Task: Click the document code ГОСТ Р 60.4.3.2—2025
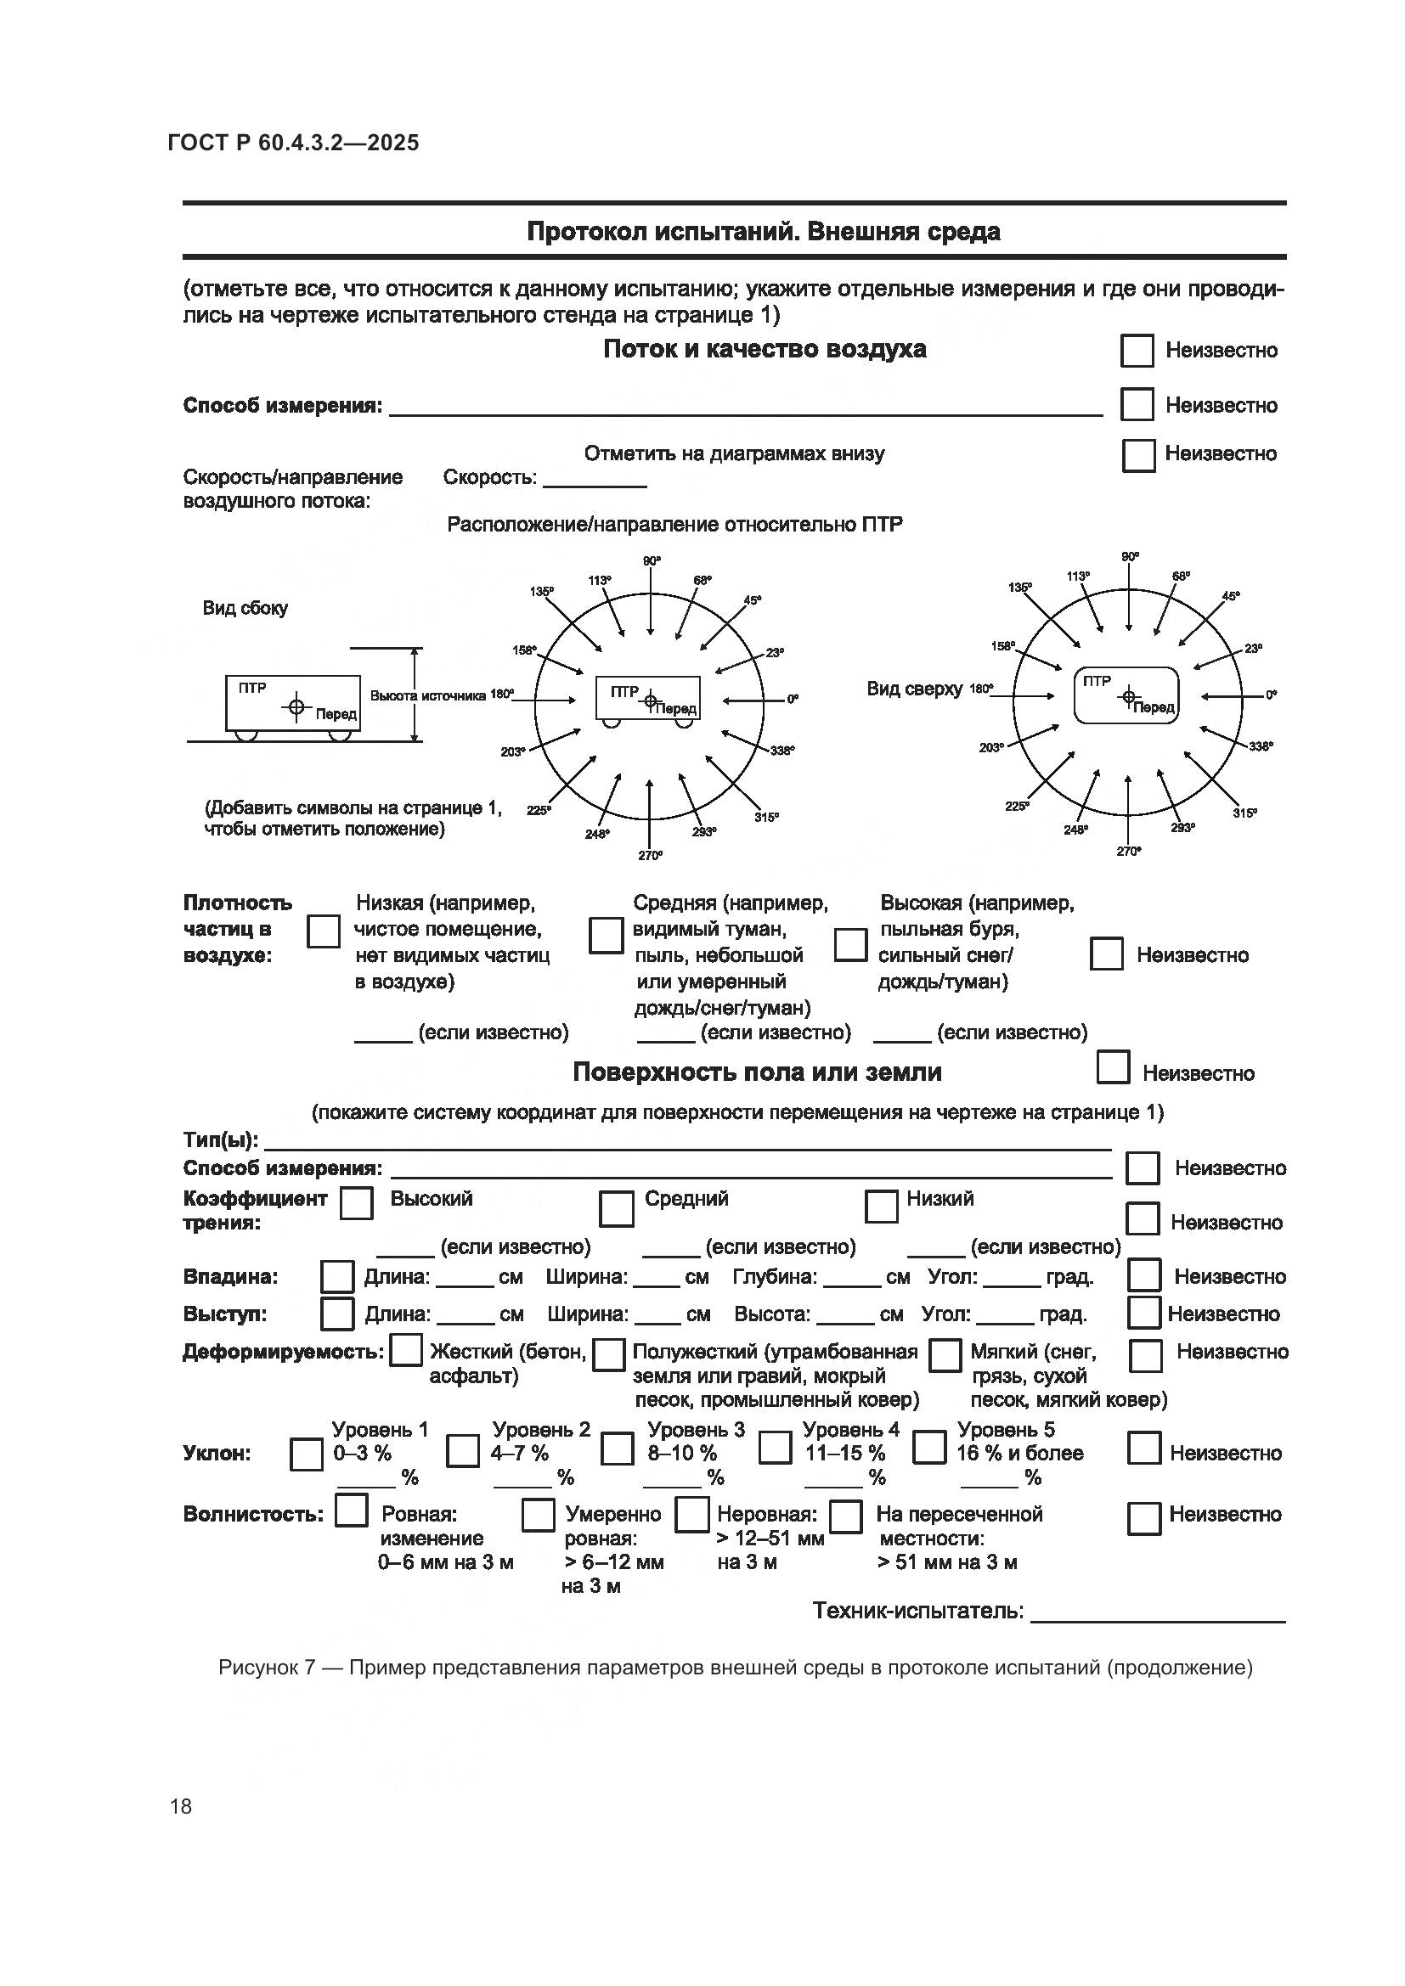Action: [x=293, y=143]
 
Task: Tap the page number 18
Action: [x=181, y=1806]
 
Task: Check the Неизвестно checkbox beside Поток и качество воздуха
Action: [x=1137, y=351]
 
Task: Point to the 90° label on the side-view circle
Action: [x=652, y=561]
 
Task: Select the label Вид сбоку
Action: [x=245, y=608]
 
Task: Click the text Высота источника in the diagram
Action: [x=427, y=695]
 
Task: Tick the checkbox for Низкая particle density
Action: [x=324, y=931]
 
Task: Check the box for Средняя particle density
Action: [x=606, y=936]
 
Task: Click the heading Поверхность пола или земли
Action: [x=757, y=1072]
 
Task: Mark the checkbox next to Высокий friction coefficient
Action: [x=357, y=1203]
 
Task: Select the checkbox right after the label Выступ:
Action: [x=336, y=1314]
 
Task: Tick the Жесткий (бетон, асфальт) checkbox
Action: [x=406, y=1351]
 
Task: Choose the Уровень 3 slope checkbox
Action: [x=617, y=1449]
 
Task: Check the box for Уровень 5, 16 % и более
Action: [x=929, y=1447]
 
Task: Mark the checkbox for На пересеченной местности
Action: [x=845, y=1516]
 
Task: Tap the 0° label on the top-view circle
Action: [x=1270, y=695]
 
